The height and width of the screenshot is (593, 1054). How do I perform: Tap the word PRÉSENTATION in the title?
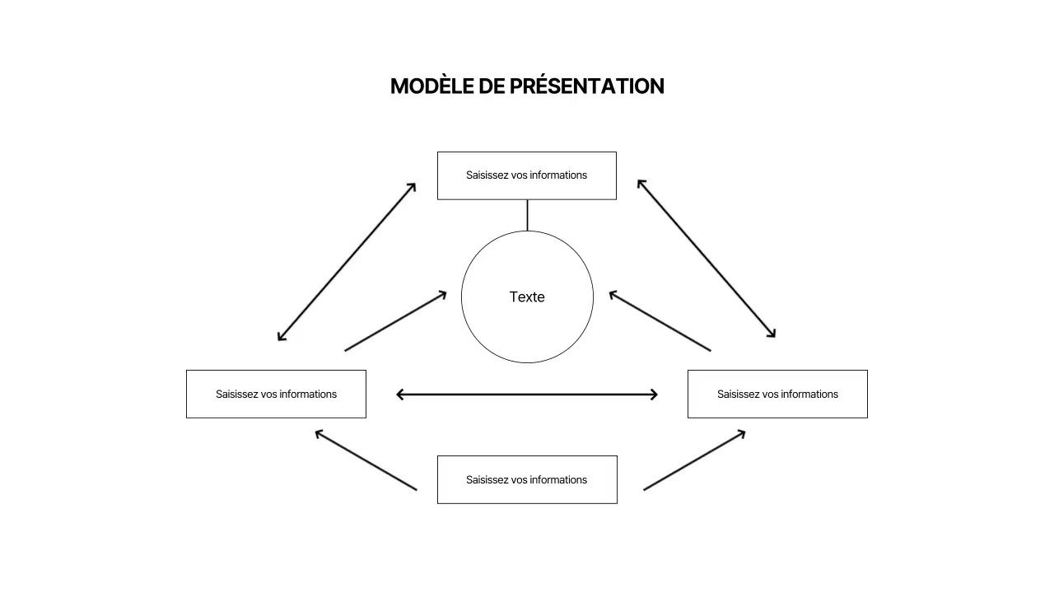click(x=586, y=86)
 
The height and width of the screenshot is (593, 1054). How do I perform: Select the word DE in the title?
click(x=492, y=86)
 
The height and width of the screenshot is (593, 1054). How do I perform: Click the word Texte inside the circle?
click(x=527, y=297)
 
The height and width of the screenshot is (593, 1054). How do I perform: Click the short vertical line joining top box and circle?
click(x=527, y=215)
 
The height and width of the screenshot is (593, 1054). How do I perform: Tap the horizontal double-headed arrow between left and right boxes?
click(x=527, y=395)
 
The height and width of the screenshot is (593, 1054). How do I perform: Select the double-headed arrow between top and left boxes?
click(x=347, y=261)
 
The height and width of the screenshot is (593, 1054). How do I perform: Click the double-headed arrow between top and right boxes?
click(x=707, y=259)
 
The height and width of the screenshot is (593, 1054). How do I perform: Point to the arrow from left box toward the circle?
click(x=395, y=321)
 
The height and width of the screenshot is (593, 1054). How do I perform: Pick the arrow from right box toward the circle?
click(x=660, y=321)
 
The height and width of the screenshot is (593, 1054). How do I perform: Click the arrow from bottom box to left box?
click(x=366, y=460)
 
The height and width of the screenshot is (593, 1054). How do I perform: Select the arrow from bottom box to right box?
click(x=694, y=460)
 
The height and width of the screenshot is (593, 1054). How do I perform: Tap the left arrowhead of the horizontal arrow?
click(x=400, y=395)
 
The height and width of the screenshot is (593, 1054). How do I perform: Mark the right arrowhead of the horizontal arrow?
click(x=654, y=395)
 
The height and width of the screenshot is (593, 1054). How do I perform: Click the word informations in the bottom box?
click(x=558, y=480)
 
